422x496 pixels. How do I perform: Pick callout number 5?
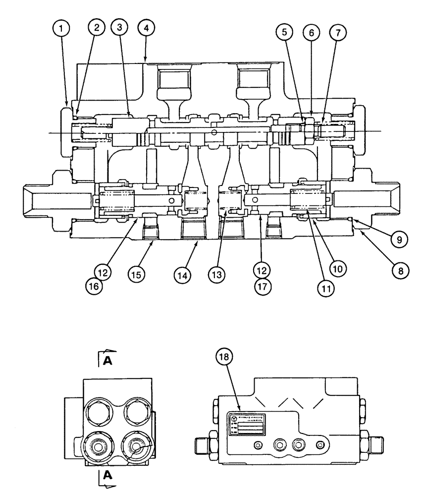coord(283,33)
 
